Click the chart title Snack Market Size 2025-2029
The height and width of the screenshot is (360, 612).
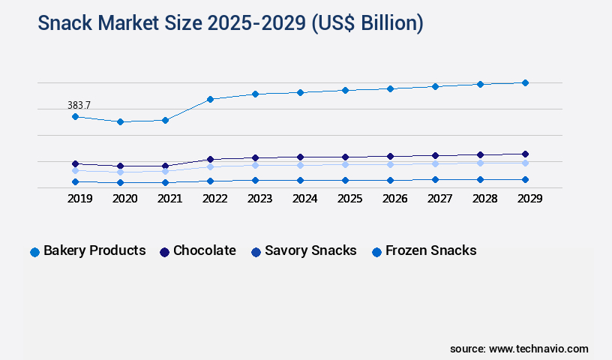pos(230,23)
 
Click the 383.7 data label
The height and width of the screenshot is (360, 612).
pos(79,106)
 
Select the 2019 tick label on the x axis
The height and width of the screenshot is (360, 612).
pos(79,199)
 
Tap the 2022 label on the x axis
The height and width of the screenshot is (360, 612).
pos(214,199)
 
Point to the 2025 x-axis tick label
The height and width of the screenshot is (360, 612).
pos(349,199)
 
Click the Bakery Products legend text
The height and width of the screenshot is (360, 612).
pos(94,250)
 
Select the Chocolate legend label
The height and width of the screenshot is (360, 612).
pos(204,250)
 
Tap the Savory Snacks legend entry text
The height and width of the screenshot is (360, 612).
pos(310,250)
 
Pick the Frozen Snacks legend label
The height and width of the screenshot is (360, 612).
pos(430,250)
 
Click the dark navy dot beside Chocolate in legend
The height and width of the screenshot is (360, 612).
pos(164,252)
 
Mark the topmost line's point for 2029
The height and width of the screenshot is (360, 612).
pos(525,82)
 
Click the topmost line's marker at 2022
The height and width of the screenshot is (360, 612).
pos(210,99)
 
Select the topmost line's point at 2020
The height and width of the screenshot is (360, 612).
pos(120,121)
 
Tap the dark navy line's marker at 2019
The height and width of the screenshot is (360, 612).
pos(75,163)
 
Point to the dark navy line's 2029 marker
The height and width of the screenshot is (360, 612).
pos(525,154)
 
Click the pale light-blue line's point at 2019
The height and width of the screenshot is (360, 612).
pos(75,170)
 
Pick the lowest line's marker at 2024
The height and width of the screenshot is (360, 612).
pos(300,180)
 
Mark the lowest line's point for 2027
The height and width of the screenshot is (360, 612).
pos(435,179)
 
